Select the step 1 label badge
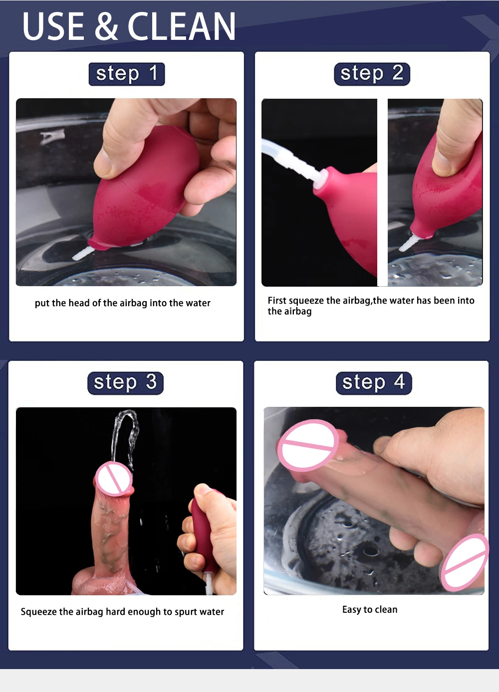pos(127,74)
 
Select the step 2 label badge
pos(372,74)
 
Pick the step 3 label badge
pos(126,383)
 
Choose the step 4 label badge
pos(374,383)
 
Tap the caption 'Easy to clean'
pos(370,610)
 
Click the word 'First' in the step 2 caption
pos(277,300)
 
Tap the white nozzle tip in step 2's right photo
pos(408,242)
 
